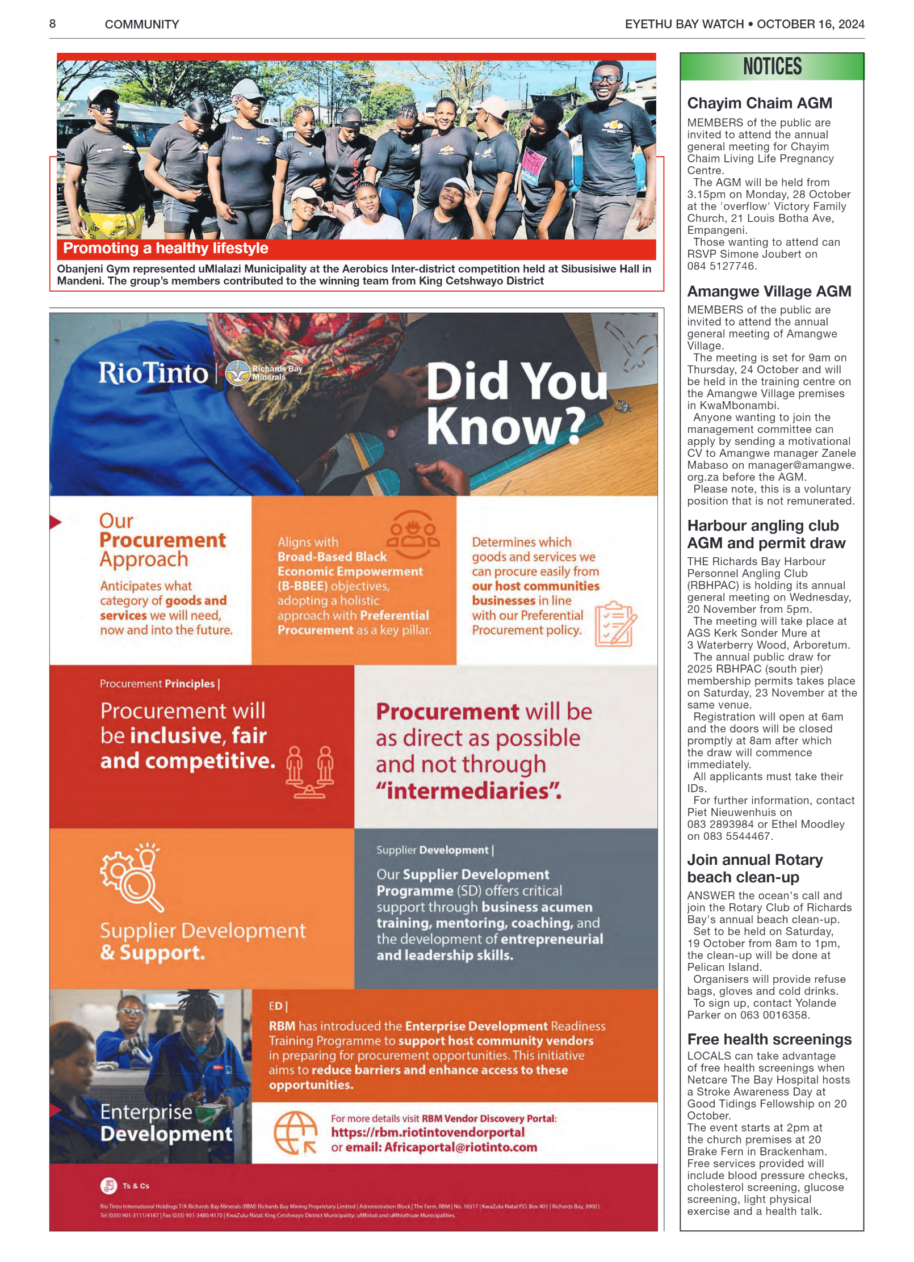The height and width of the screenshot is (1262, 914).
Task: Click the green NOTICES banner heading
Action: pos(772,67)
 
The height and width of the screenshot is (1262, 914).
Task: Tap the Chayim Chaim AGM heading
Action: pos(759,103)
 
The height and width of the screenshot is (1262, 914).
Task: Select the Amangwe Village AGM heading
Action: pos(769,292)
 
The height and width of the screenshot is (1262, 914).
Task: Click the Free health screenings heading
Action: pos(769,1039)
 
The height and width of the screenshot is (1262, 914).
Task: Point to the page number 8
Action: pos(53,24)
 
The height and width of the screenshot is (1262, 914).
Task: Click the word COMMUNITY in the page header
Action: pos(142,24)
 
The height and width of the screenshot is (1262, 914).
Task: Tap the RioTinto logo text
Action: pos(153,373)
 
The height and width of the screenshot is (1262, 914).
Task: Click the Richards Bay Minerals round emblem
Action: pos(238,373)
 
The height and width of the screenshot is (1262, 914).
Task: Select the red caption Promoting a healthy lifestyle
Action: pos(166,249)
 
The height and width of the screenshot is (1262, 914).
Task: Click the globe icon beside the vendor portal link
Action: pos(295,1132)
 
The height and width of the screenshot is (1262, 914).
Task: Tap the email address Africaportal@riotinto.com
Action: pos(460,1147)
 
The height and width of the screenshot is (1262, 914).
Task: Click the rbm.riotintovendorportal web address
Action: pos(427,1132)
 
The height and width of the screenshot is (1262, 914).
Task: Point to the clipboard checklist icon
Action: pos(615,624)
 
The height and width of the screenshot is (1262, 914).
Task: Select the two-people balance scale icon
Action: pos(309,772)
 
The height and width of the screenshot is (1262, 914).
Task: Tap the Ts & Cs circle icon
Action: pos(108,1185)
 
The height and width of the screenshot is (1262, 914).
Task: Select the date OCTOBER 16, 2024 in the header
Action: pos(810,24)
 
